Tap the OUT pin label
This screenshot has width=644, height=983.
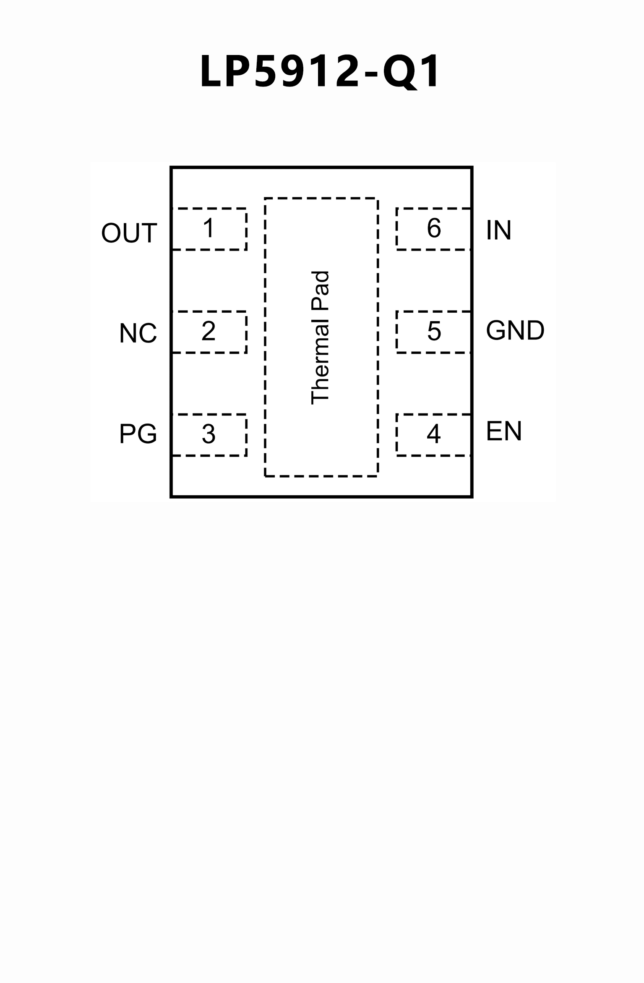[129, 233]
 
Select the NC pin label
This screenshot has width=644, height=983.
[138, 333]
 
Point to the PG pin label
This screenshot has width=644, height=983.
[138, 434]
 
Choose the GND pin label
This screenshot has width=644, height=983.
[515, 330]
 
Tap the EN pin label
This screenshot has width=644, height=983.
[503, 431]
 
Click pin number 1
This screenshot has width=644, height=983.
[209, 228]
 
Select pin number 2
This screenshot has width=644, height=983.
[209, 331]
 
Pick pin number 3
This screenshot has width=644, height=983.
[209, 434]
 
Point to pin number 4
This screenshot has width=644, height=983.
[433, 434]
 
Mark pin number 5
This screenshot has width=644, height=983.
[434, 331]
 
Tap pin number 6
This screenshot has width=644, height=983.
[434, 228]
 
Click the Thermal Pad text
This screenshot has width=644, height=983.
[320, 338]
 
